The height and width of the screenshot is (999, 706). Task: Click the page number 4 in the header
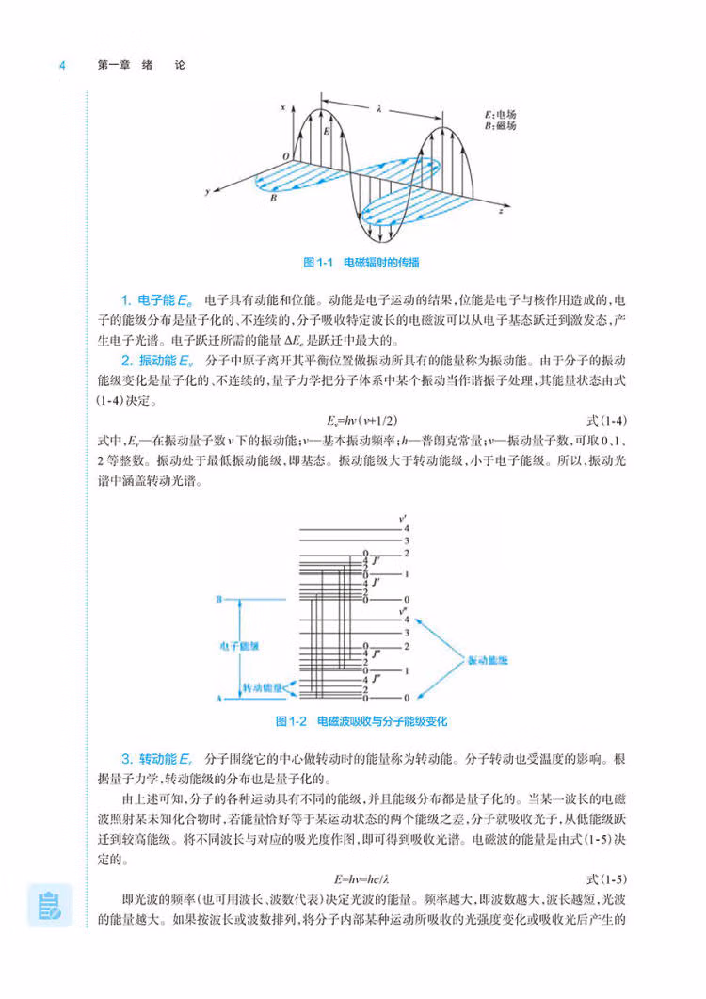point(62,66)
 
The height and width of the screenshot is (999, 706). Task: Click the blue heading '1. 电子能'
point(156,299)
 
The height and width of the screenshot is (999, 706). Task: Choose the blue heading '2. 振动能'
point(156,361)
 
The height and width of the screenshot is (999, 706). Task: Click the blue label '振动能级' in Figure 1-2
point(488,662)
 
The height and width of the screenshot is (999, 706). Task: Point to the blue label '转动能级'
point(263,688)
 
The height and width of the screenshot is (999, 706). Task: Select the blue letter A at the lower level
point(219,699)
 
